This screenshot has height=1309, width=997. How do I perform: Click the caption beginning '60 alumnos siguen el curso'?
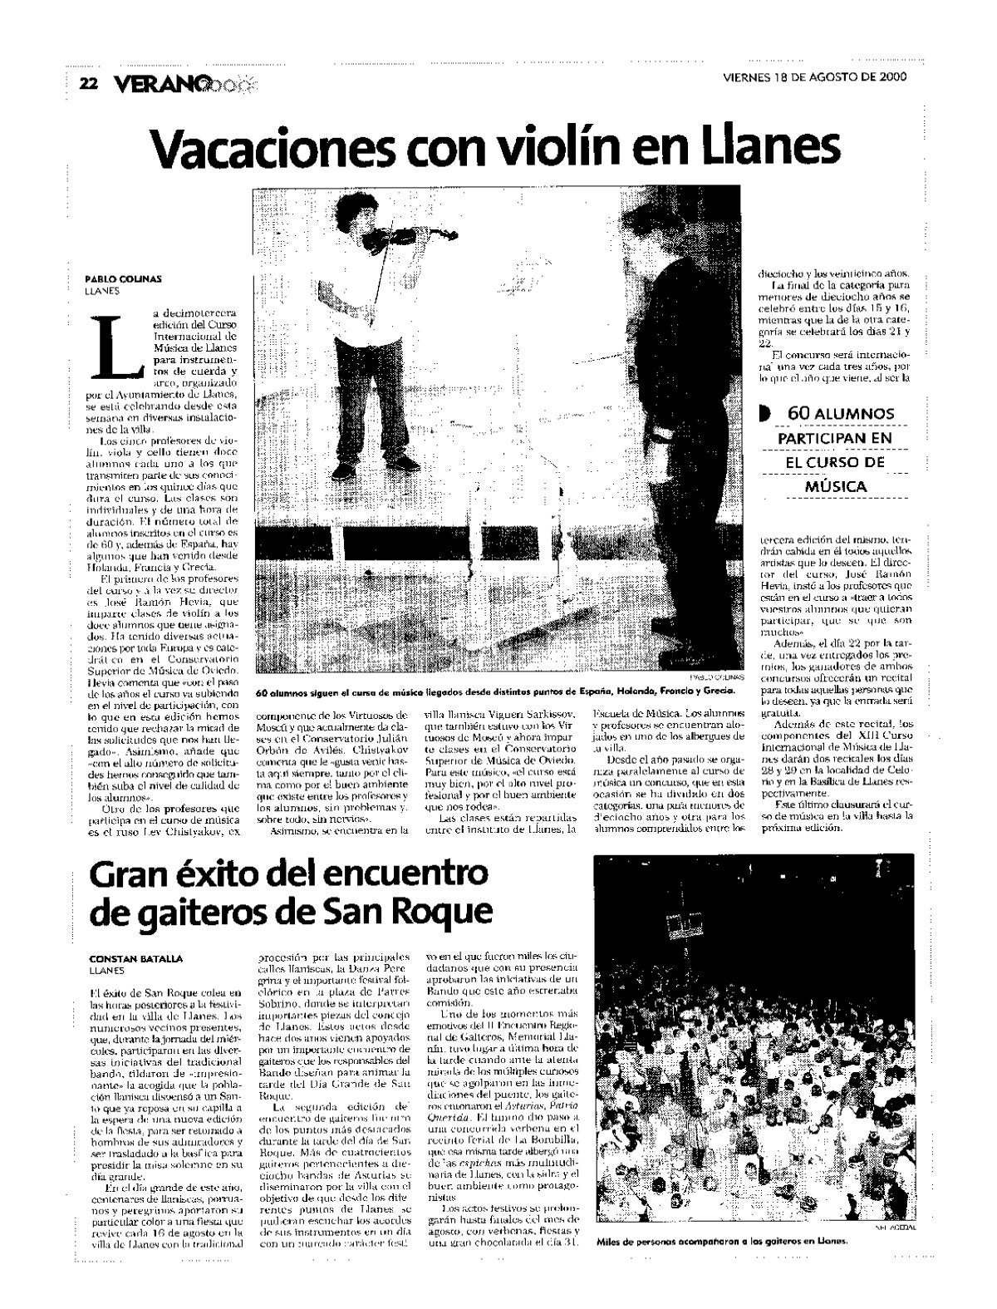[x=495, y=691]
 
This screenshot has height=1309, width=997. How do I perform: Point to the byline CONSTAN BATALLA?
[x=137, y=958]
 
